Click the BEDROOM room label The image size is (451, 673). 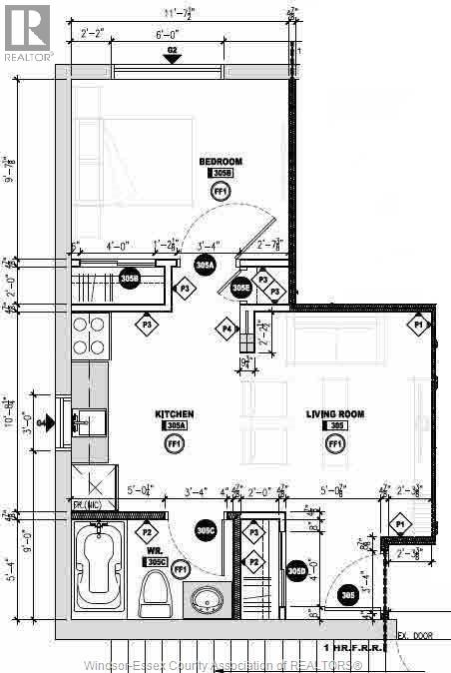click(x=221, y=161)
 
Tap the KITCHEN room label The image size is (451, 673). click(x=174, y=413)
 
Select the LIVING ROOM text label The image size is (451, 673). click(x=334, y=413)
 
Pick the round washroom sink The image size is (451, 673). click(x=209, y=600)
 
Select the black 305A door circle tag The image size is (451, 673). click(x=205, y=266)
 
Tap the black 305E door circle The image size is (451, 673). click(x=241, y=288)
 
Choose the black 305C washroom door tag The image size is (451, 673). click(x=207, y=531)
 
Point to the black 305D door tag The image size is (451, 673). click(x=296, y=571)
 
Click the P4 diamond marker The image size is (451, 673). click(x=227, y=329)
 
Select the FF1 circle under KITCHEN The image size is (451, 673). click(x=174, y=443)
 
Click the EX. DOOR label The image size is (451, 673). click(x=414, y=636)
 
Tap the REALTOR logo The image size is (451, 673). click(x=26, y=31)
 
